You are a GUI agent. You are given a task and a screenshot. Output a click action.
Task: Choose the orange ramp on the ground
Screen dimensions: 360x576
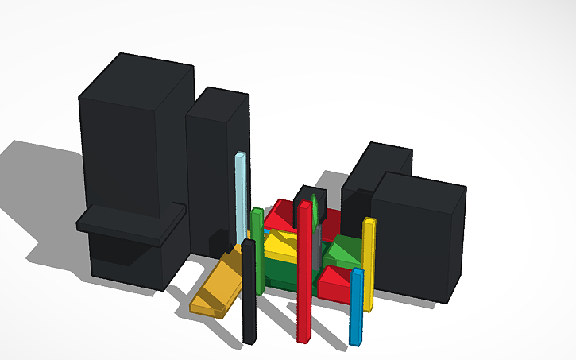click(218, 286)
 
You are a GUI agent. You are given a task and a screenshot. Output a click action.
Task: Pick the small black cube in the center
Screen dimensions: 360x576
click(303, 203)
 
